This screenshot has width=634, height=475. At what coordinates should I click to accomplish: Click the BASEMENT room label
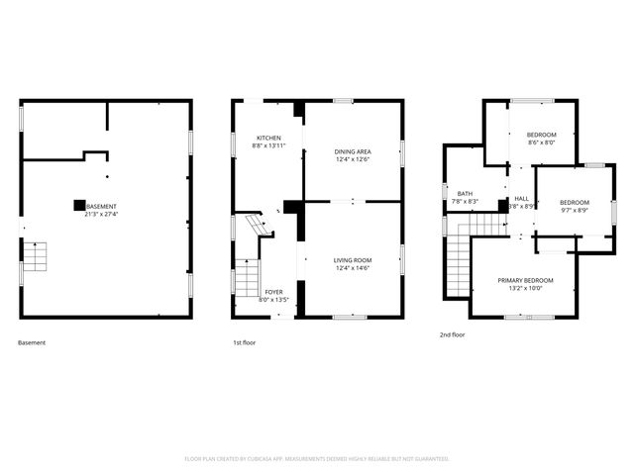click(102, 207)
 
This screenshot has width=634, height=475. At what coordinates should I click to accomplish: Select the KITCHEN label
click(268, 138)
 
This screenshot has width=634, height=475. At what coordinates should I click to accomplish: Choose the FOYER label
click(273, 291)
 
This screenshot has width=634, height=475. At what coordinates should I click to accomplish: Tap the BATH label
click(465, 194)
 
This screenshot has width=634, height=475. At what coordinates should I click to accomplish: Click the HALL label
click(521, 199)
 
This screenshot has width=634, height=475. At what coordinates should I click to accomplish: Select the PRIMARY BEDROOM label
click(525, 281)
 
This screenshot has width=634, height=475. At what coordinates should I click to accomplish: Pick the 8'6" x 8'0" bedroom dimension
click(541, 142)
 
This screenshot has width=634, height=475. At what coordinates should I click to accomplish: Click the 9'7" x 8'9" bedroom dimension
click(575, 210)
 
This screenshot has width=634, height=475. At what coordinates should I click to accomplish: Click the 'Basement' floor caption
click(32, 342)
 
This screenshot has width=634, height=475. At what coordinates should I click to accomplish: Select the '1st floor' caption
click(244, 342)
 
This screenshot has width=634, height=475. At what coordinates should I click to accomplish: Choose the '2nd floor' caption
click(453, 334)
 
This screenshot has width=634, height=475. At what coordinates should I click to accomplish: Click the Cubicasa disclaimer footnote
click(317, 459)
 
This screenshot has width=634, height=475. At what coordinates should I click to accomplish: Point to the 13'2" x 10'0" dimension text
click(525, 289)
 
